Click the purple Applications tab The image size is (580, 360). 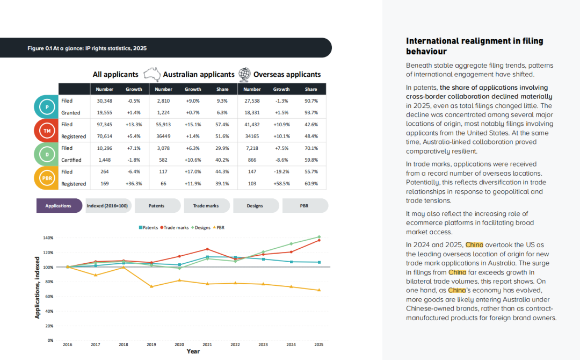tap(59, 206)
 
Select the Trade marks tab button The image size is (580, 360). tap(206, 206)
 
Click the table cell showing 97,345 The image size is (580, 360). tap(105, 125)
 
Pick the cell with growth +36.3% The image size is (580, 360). tap(134, 184)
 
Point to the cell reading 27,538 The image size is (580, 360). tap(252, 100)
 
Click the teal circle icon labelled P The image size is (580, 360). tap(47, 107)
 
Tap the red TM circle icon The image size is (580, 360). tap(47, 131)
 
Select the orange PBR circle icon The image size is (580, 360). tap(47, 178)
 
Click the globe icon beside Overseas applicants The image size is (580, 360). tap(244, 74)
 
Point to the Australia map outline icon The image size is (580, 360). tap(151, 74)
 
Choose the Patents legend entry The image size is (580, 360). tap(148, 227)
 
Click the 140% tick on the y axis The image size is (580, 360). tap(48, 238)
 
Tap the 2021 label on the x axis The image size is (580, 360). tap(207, 344)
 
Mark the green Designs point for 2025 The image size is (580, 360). tap(319, 237)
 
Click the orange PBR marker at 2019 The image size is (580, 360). tap(151, 286)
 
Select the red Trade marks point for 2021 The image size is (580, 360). tap(207, 249)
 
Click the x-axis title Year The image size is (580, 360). tap(193, 351)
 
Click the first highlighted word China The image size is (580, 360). tap(474, 245)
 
